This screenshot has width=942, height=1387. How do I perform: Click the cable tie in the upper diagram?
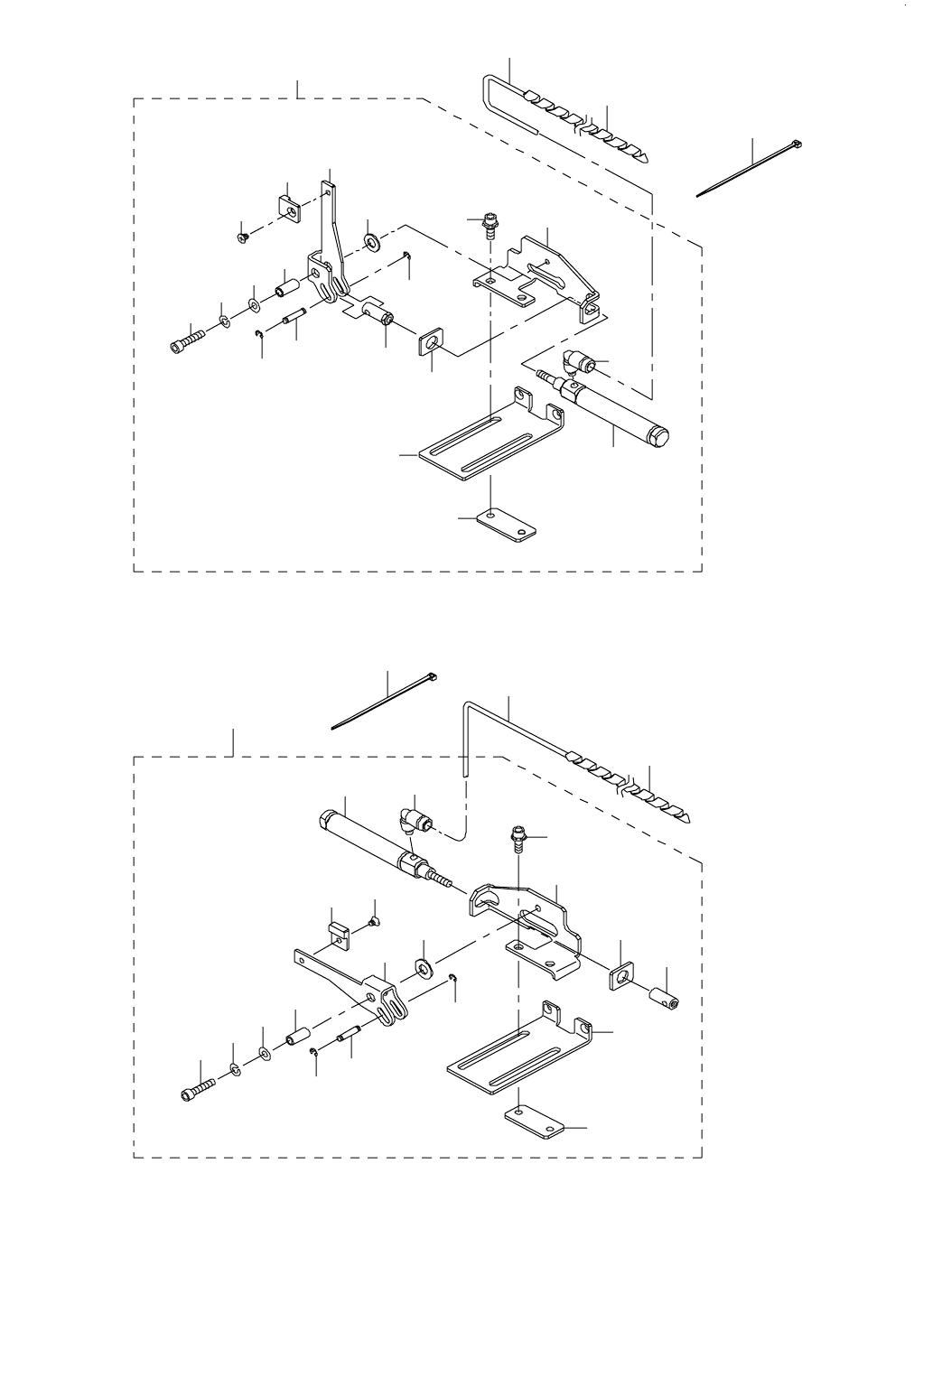tap(749, 169)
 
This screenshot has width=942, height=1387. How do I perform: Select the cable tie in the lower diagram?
tap(385, 701)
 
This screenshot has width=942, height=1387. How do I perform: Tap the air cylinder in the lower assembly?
tap(369, 841)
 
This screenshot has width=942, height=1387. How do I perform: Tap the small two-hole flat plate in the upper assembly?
tap(504, 526)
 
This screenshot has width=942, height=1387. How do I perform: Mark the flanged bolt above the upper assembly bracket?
tap(490, 223)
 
